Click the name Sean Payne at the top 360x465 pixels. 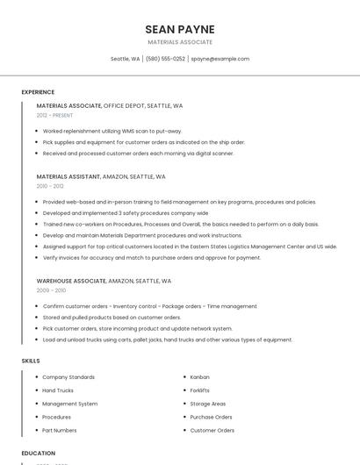(180, 29)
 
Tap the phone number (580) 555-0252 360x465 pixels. (165, 59)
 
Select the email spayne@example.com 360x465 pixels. (220, 59)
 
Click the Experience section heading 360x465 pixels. (38, 92)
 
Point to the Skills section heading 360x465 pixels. (31, 361)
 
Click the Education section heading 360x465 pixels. (38, 454)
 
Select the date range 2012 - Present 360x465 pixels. (54, 115)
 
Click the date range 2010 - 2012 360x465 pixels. (50, 186)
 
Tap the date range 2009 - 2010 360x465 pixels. (51, 290)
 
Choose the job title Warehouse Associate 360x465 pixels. (71, 281)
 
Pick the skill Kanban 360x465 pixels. (199, 377)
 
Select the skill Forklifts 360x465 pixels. (200, 390)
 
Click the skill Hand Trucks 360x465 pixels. (58, 390)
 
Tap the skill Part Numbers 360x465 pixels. (60, 430)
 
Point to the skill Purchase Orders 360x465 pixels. (211, 417)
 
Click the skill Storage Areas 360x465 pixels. (208, 404)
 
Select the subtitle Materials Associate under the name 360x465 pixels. (180, 42)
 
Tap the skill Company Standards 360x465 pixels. (68, 377)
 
